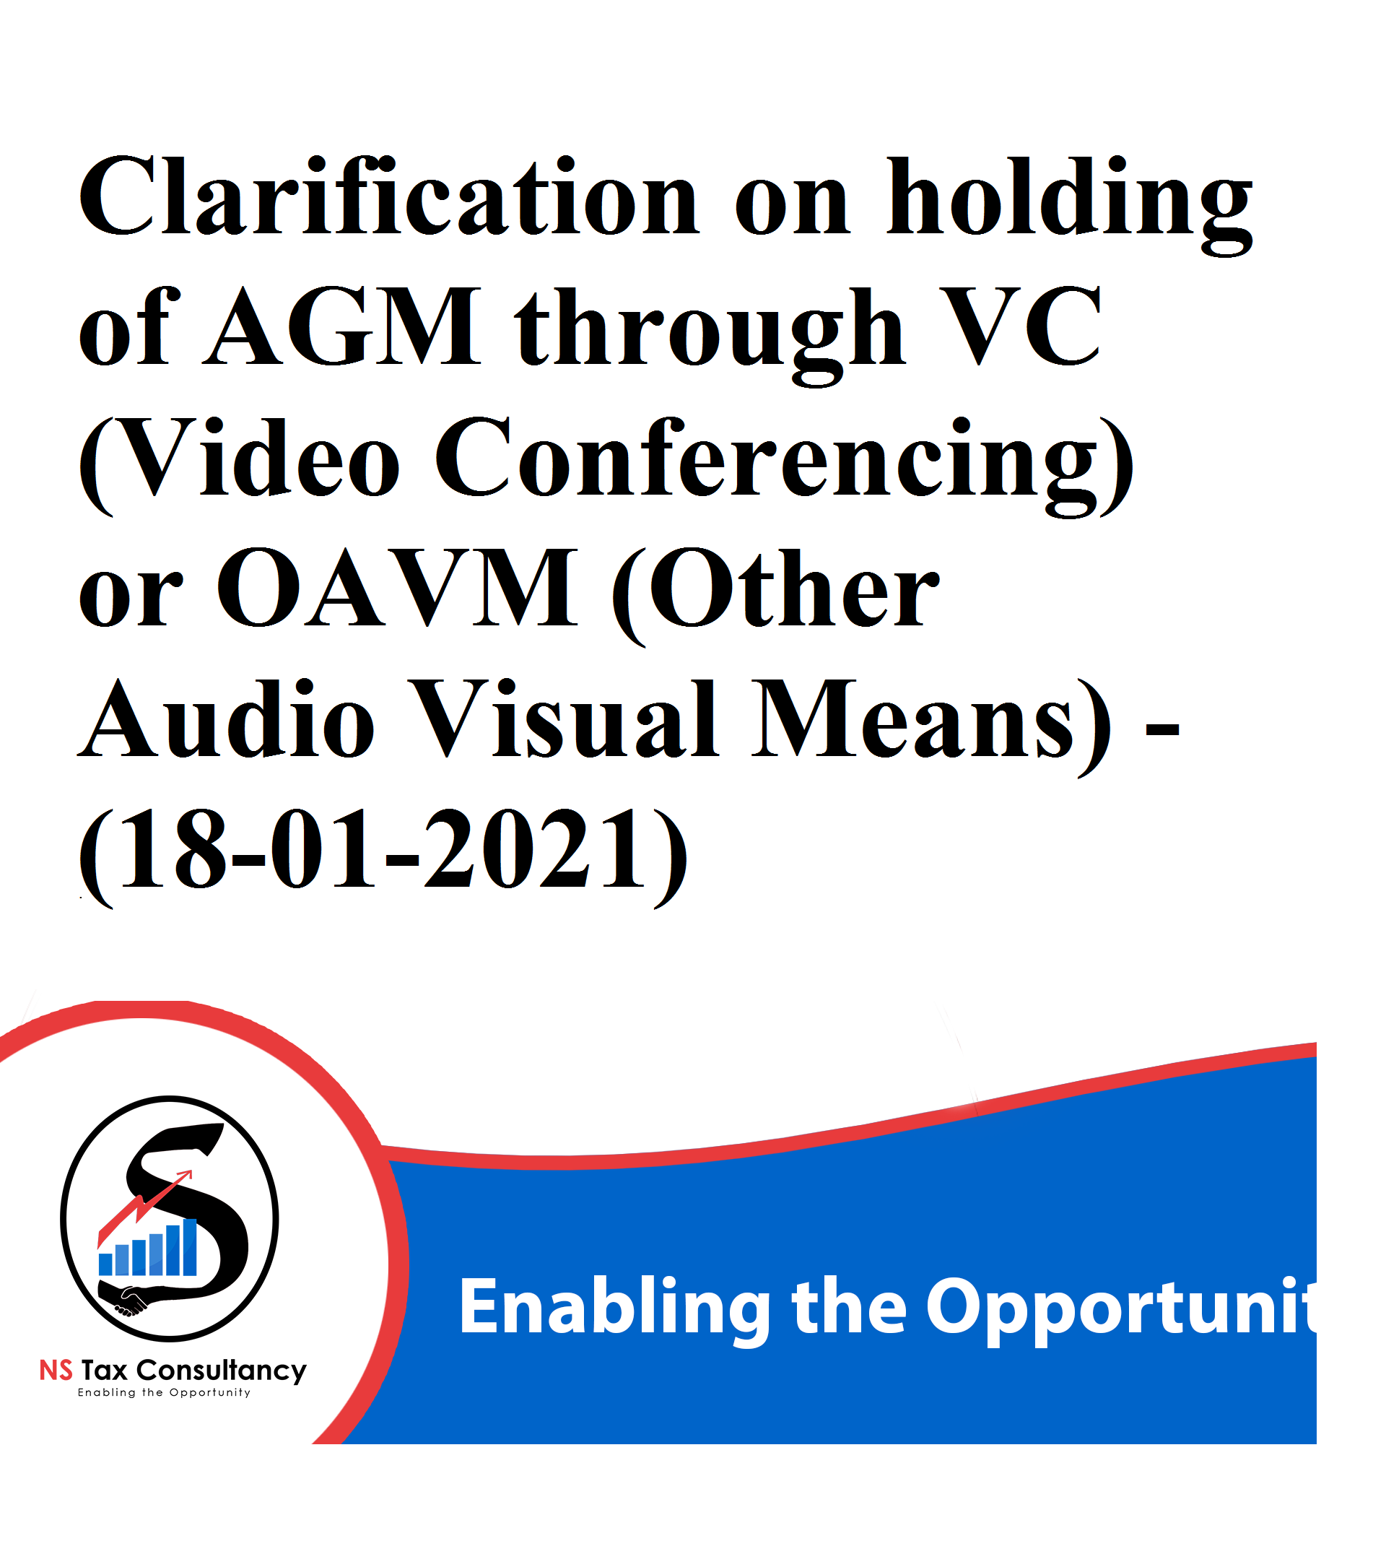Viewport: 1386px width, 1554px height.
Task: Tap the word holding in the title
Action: tap(1069, 204)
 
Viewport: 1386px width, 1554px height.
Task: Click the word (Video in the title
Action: tap(239, 464)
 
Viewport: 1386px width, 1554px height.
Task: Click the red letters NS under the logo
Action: tap(56, 1371)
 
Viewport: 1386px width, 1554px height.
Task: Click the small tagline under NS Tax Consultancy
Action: tap(164, 1392)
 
